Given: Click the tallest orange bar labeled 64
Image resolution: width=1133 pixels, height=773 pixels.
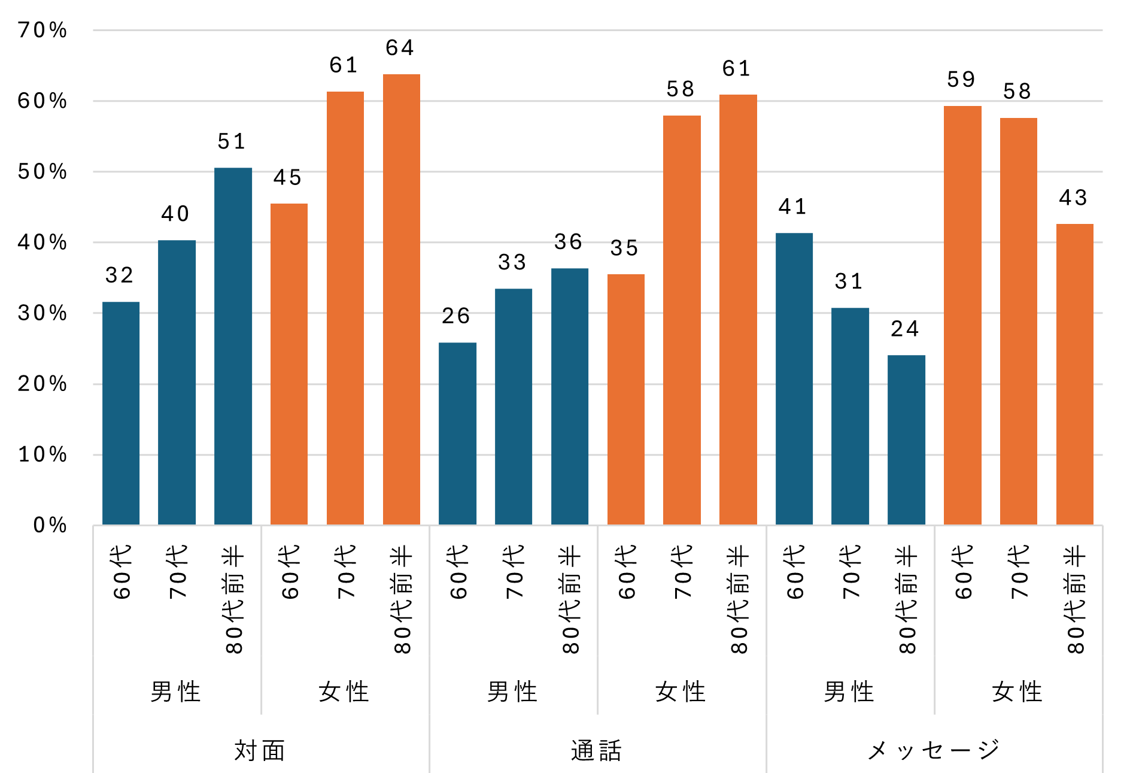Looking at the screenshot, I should (401, 299).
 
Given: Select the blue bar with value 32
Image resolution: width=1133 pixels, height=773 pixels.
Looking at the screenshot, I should (121, 413).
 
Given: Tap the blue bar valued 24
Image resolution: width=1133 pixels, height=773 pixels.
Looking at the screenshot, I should (906, 440).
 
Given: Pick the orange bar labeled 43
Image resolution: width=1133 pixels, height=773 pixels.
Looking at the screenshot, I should (1074, 374).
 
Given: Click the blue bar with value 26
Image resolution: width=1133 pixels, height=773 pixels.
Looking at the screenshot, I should (457, 434).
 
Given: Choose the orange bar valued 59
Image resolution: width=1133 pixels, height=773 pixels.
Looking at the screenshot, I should (962, 316).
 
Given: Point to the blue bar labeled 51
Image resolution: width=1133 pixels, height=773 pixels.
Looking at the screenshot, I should (233, 346).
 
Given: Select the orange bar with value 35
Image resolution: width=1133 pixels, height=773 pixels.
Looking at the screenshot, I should (625, 399).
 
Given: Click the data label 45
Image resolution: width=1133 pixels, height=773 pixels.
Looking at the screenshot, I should (287, 178).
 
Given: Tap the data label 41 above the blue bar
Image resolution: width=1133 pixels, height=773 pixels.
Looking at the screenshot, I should (793, 207).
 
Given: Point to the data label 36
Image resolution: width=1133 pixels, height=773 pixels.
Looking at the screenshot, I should (568, 242).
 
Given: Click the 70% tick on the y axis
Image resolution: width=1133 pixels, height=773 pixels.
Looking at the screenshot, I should (42, 30).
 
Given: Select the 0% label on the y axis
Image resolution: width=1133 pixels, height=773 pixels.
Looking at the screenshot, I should (50, 525).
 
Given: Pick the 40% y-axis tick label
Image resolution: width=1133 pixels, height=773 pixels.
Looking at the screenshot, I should (42, 242).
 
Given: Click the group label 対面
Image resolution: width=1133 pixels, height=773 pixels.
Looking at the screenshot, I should (260, 750).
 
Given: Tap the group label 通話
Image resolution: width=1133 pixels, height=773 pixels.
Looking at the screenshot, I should (597, 750).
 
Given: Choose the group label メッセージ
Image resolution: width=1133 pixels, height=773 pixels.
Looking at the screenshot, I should (934, 750).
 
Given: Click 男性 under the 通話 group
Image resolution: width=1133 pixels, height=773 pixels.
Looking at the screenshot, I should (512, 692).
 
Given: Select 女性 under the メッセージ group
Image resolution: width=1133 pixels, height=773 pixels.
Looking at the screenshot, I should (1017, 692).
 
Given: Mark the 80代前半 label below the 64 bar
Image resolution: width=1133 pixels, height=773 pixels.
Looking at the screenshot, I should (402, 599).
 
